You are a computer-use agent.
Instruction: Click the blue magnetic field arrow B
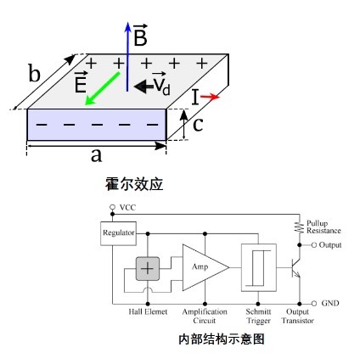[127, 57]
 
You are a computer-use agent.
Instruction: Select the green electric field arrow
[102, 88]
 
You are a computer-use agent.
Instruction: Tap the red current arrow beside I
[210, 97]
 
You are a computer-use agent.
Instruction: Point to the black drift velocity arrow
[143, 86]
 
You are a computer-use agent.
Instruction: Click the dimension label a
[96, 155]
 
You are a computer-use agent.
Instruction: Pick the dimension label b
[35, 73]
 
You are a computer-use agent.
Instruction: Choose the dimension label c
[198, 125]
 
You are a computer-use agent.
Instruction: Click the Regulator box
[118, 233]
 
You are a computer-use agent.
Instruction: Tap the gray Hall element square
[148, 268]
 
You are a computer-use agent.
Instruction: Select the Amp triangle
[205, 267]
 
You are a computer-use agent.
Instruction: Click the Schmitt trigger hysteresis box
[259, 267]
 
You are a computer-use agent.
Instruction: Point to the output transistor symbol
[295, 267]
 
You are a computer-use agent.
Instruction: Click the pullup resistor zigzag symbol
[299, 227]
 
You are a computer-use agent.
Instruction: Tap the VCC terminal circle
[112, 207]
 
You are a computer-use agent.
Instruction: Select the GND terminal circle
[314, 304]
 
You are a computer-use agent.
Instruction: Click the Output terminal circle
[314, 245]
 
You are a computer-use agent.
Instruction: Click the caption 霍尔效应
[134, 184]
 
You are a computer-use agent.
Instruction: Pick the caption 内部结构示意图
[222, 339]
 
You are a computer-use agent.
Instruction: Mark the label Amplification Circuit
[205, 316]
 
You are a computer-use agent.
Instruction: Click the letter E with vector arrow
[81, 82]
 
